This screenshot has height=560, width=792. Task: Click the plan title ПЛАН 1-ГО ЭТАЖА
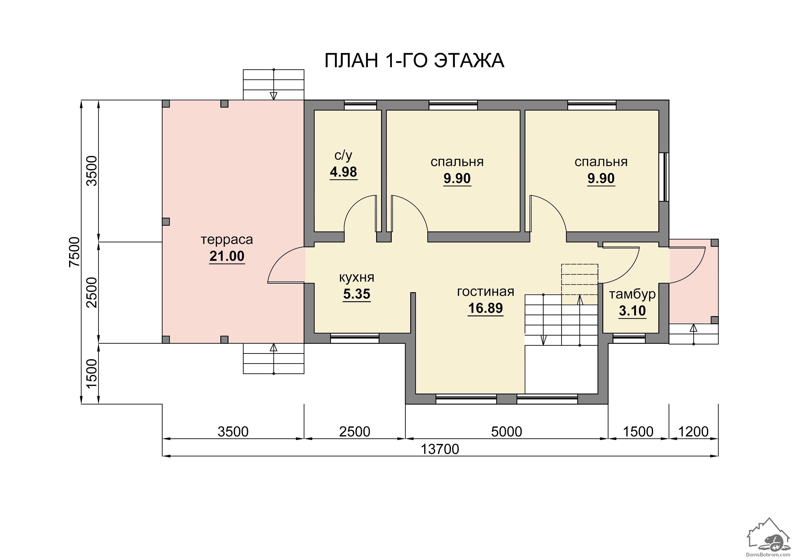[x=414, y=60]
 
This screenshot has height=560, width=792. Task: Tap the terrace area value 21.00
[x=227, y=256]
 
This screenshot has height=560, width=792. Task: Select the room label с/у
[x=343, y=156]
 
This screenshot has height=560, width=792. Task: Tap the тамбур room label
[x=632, y=294]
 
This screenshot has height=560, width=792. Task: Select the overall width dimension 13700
[x=440, y=449]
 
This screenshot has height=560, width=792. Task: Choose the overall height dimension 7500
[x=75, y=252]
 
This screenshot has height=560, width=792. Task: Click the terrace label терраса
[x=227, y=239]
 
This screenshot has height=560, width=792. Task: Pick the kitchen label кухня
[x=357, y=278]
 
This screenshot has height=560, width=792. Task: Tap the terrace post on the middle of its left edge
[x=166, y=222]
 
